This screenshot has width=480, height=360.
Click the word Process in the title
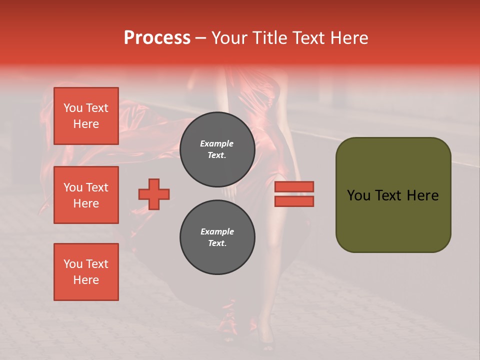[x=157, y=38]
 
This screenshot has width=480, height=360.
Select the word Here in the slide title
[x=348, y=38]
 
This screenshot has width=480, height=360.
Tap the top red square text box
[x=86, y=116]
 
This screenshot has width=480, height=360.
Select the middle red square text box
[x=86, y=195]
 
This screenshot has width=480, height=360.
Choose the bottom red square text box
[x=86, y=272]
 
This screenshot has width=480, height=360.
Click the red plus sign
[x=154, y=194]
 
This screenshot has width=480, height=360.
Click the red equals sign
[x=294, y=194]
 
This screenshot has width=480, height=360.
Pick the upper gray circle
[x=217, y=149]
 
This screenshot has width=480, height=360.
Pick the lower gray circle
[x=217, y=237]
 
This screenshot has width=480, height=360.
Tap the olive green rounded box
[x=393, y=195]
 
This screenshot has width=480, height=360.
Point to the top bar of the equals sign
[x=294, y=186]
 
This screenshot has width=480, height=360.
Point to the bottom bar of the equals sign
[x=294, y=201]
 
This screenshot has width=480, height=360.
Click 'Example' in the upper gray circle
[x=217, y=143]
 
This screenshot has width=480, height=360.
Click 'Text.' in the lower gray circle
[x=217, y=243]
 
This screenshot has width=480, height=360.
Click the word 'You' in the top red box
[x=73, y=108]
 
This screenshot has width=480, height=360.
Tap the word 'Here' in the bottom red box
[x=86, y=280]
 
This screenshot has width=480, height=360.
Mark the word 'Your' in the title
[x=230, y=38]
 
